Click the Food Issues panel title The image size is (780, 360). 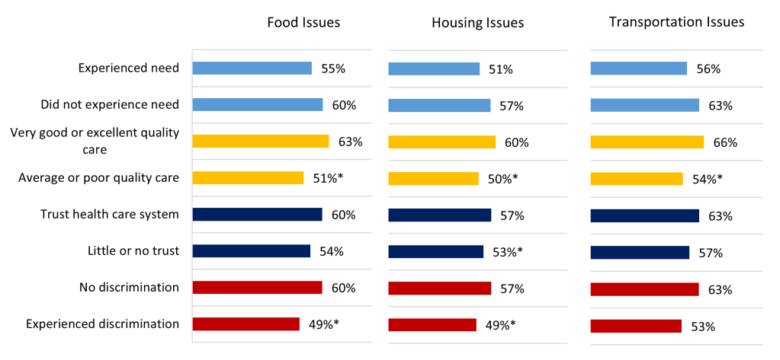pos(303,22)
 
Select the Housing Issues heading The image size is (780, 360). pos(477,22)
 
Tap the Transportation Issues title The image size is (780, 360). pos(676,21)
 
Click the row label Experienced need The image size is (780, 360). pos(128,68)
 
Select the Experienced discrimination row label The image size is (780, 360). pos(102,324)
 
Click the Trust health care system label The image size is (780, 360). pos(109,215)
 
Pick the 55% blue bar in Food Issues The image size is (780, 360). pos(252,68)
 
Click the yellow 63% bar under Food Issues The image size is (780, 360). pos(260,142)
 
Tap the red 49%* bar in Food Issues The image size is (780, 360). pos(246,324)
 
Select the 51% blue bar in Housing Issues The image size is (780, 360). pos(433,69)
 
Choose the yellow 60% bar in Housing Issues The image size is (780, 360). pos(441,142)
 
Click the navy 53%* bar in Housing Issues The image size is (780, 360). pos(435,252)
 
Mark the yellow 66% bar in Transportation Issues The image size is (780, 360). pos(647,142)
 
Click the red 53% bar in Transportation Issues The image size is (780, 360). pos(636,327)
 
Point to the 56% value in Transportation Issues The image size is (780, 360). pos(708,69)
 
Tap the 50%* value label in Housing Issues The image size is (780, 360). pos(502,179)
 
